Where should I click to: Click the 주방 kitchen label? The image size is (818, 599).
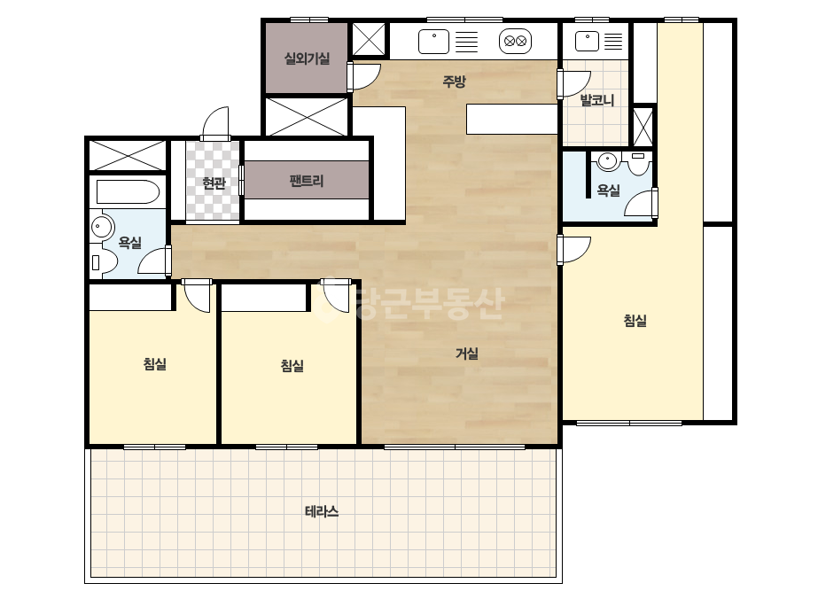[x=454, y=82]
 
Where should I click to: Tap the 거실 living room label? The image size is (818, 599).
[x=467, y=354]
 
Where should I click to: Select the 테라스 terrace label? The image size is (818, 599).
[x=322, y=511]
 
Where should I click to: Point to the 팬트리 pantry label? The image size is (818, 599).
[x=307, y=181]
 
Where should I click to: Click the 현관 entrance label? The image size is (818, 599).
[x=214, y=183]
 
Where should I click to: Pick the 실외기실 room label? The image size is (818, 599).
[x=307, y=58]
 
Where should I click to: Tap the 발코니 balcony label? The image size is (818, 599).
[x=596, y=99]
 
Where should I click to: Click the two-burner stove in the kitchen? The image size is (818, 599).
[x=515, y=42]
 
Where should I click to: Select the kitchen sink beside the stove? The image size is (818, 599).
[x=433, y=42]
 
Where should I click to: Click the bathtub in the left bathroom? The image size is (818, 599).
[x=128, y=192]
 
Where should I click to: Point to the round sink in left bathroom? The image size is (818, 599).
[x=102, y=227]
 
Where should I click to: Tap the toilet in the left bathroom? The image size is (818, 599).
[x=104, y=262]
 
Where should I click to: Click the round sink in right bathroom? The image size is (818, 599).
[x=607, y=161]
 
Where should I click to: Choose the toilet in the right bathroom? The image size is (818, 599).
[x=638, y=163]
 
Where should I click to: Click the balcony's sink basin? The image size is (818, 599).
[x=587, y=42]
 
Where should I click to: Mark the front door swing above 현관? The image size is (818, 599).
[x=215, y=124]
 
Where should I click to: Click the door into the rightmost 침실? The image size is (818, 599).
[x=573, y=250]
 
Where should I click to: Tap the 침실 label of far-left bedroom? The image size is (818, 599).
[x=155, y=363]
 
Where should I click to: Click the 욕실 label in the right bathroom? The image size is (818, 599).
[x=608, y=191]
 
